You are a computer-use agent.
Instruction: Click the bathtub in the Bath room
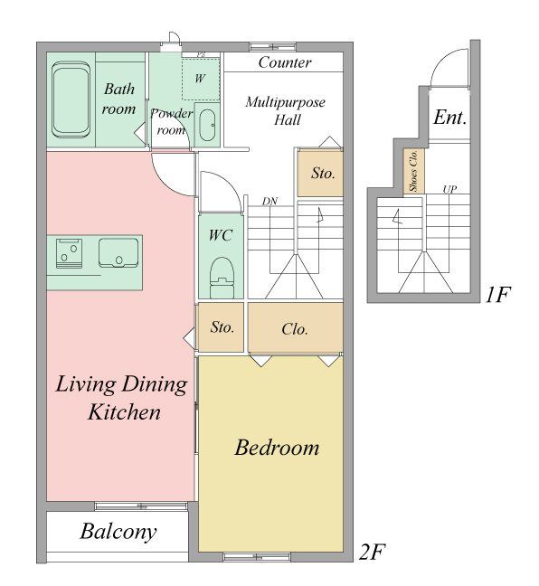[71, 99]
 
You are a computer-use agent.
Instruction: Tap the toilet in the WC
[222, 278]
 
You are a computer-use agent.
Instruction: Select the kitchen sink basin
[118, 253]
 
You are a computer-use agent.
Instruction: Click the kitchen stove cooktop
[69, 254]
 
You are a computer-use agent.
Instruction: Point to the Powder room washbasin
[207, 125]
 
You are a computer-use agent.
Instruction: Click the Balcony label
[118, 532]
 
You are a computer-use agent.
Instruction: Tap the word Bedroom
[277, 448]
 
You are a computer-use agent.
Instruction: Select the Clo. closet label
[295, 329]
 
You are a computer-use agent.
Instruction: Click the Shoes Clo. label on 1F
[413, 171]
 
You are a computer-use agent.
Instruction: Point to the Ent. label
[450, 118]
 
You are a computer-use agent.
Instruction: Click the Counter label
[285, 62]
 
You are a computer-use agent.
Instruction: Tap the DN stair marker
[269, 202]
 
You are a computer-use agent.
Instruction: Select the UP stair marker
[449, 190]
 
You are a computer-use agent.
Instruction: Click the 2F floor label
[372, 552]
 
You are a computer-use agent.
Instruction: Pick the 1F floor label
[497, 295]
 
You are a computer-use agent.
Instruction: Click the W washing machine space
[201, 79]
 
